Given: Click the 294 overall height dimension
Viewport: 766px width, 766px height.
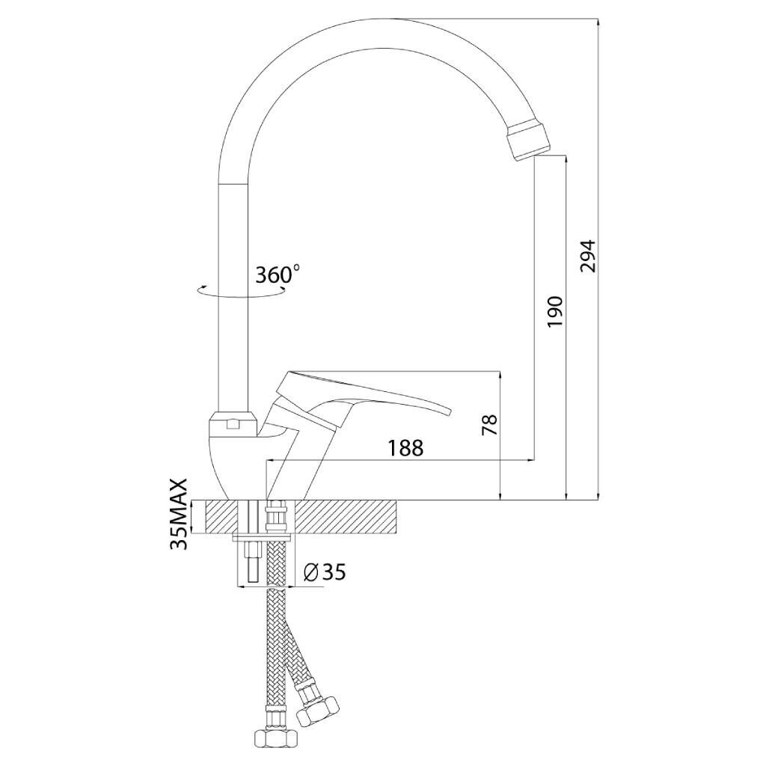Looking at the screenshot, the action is [588, 256].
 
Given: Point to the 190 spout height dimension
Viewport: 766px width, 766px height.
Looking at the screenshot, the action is [555, 312].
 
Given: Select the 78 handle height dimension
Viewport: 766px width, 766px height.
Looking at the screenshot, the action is [489, 425].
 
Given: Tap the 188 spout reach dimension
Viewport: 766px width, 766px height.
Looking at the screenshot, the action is [405, 448].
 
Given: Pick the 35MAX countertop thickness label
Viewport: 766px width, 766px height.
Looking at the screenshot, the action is [179, 514].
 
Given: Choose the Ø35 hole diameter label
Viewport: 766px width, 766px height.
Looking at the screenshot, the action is [325, 572].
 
